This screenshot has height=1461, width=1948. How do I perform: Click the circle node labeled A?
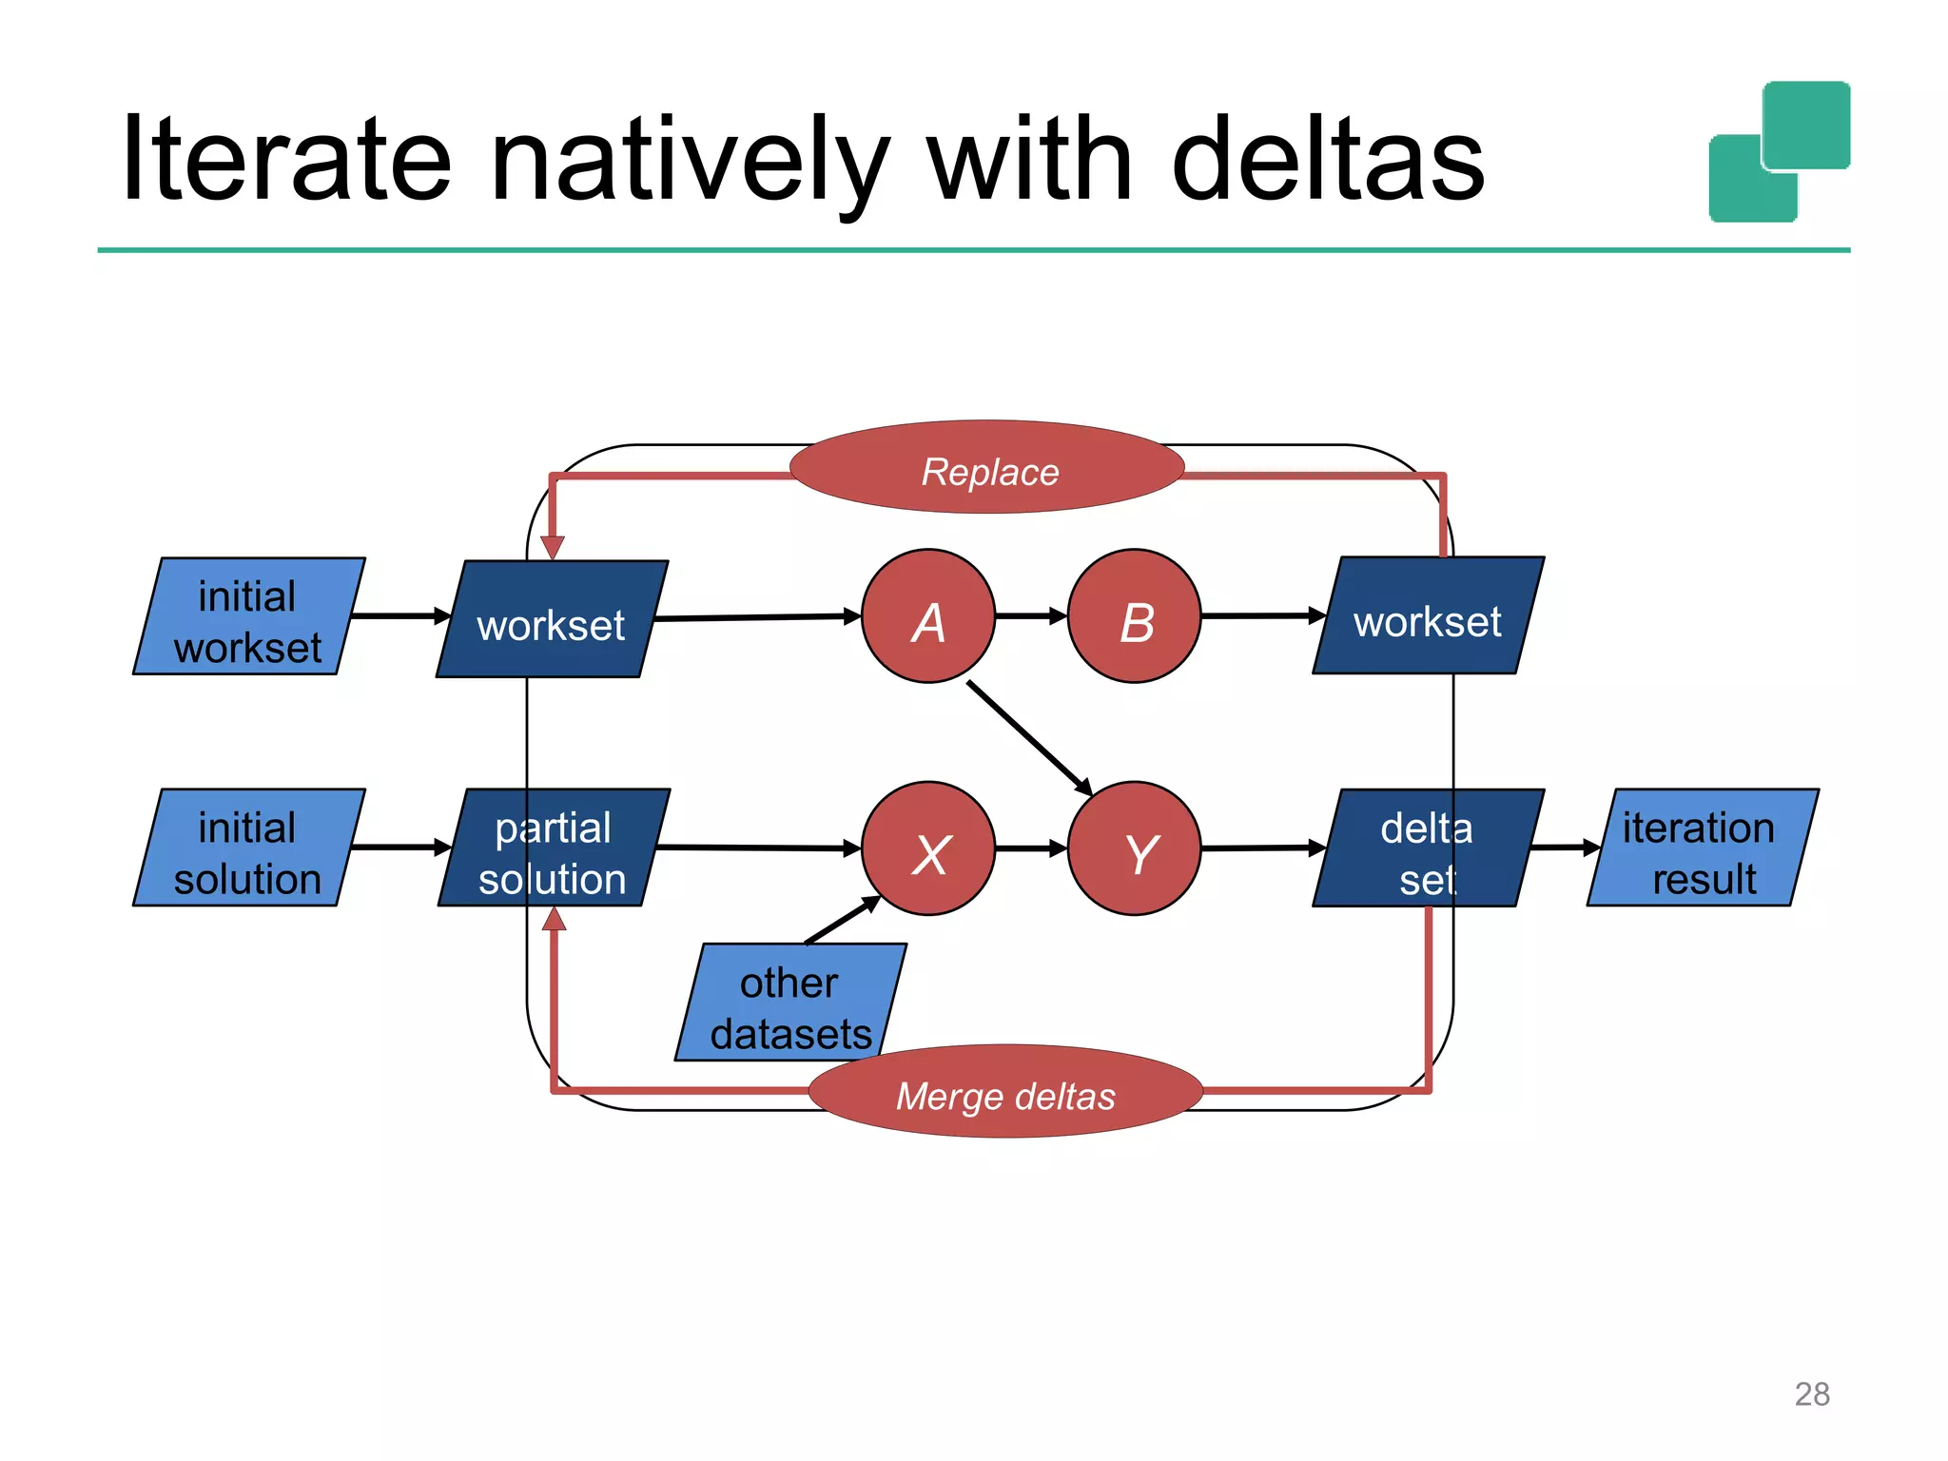(x=928, y=616)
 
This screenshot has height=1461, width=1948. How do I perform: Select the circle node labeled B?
(x=1134, y=616)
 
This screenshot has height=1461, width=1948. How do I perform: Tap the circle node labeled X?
(x=928, y=848)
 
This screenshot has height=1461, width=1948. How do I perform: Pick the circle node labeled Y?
(x=1134, y=848)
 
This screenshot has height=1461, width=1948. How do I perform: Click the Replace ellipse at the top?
(x=987, y=468)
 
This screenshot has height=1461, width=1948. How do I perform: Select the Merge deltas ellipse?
(x=1005, y=1092)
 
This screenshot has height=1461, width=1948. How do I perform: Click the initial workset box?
(x=248, y=616)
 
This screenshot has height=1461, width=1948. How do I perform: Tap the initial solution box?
(x=248, y=847)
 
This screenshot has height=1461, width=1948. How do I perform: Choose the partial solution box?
(x=554, y=847)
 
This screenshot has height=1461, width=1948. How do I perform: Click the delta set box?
(x=1427, y=847)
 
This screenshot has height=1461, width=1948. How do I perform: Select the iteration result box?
(x=1702, y=847)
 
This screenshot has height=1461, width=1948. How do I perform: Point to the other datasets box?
(x=790, y=1003)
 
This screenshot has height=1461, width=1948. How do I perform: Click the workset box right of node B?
(x=1427, y=616)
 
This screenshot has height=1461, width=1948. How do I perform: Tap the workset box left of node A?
(x=552, y=619)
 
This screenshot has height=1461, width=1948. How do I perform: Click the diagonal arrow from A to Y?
(x=1029, y=737)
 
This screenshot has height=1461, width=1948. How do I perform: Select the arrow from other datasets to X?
(x=843, y=920)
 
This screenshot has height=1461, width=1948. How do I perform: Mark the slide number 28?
(x=1811, y=1394)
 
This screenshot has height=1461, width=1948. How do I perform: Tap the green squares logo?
(x=1780, y=152)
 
